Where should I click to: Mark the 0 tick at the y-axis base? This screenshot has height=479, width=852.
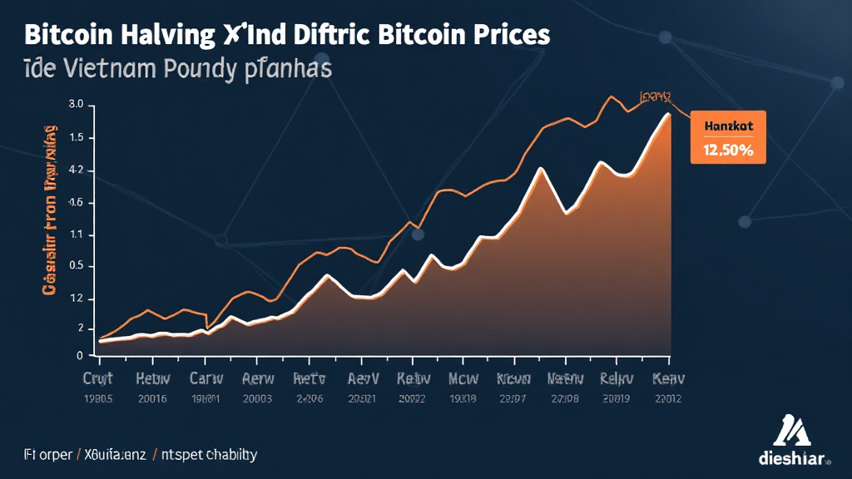tap(79, 356)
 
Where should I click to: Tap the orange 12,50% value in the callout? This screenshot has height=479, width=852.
tap(728, 151)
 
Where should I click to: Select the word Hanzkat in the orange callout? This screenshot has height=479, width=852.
tap(728, 126)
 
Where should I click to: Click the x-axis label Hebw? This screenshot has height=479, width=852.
tap(151, 378)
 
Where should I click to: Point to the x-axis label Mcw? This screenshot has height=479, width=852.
tap(463, 378)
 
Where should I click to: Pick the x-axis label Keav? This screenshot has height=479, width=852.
tap(667, 378)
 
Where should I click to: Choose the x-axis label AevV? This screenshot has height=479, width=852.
tap(363, 378)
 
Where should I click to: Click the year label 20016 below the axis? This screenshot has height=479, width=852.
tap(151, 398)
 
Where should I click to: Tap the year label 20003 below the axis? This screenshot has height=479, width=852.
tap(257, 398)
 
